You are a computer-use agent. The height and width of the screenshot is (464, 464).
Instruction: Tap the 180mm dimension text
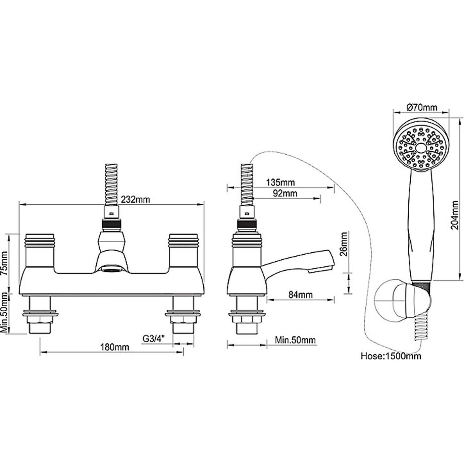pos(115,347)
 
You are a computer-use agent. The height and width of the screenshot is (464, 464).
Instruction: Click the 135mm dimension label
pos(280,183)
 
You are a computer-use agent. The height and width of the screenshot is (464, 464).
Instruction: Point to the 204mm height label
pos(455,215)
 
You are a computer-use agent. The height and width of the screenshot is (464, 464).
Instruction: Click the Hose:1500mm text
pos(391,356)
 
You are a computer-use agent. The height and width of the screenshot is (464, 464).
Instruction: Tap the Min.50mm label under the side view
pos(295,340)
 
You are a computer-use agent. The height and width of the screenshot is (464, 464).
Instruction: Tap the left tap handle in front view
pos(40,250)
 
